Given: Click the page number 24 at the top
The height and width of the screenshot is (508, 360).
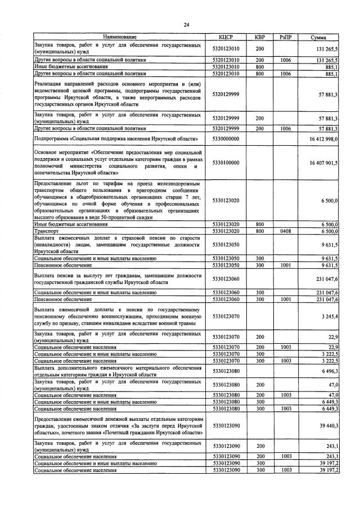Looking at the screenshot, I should (x=186, y=24).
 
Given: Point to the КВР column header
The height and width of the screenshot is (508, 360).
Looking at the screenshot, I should (x=259, y=37).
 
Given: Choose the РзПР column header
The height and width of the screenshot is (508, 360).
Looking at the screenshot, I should (x=286, y=37).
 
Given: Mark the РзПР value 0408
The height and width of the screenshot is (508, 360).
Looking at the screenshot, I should (x=286, y=231).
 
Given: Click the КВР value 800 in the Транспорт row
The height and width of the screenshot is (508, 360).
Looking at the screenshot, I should (x=259, y=231).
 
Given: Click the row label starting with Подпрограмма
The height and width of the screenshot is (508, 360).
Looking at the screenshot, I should (x=115, y=138).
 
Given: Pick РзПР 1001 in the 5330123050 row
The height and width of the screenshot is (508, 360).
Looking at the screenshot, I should (x=286, y=265).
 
